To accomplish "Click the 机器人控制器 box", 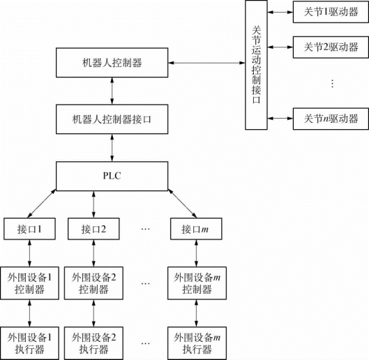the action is [112, 63].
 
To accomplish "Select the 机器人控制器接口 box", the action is [112, 119].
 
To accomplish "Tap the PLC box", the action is [112, 176].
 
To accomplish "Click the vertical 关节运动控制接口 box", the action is [256, 65].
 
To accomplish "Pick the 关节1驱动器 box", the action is [331, 12].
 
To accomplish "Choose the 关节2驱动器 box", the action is [331, 47].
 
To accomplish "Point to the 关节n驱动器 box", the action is [331, 119].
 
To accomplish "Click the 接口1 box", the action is [29, 229].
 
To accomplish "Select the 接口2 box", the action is [93, 229].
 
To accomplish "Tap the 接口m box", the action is [196, 229].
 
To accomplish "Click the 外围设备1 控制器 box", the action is [29, 283].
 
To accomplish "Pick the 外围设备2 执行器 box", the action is [93, 343].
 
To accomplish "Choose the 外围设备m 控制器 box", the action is [197, 283].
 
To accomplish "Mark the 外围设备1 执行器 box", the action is [29, 343].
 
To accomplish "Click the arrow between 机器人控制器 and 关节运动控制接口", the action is [206, 63].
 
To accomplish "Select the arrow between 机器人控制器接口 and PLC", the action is [112, 148].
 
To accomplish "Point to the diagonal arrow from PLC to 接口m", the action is [182, 203].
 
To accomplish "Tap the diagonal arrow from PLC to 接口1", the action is [42, 203].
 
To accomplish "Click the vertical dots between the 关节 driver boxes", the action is [332, 84].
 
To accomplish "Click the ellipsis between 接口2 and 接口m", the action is [145, 229].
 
